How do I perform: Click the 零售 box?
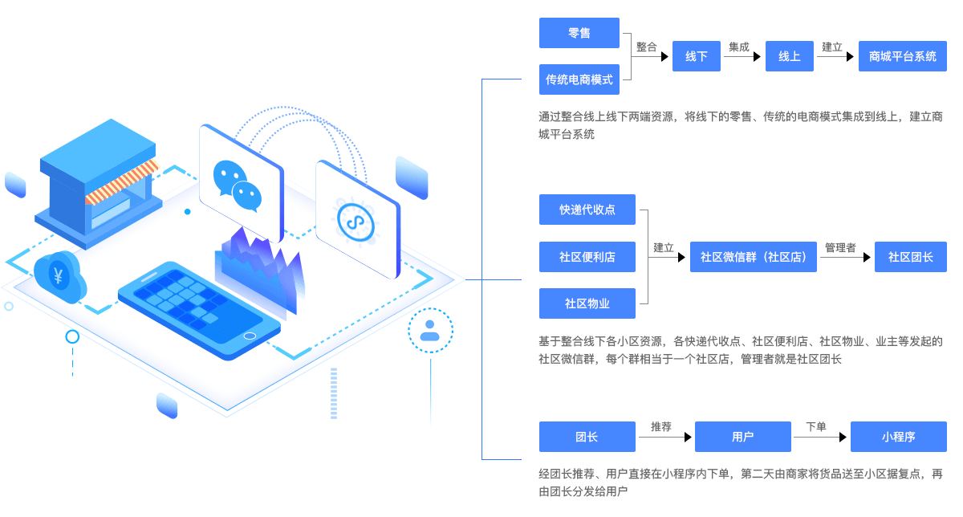tap(579, 33)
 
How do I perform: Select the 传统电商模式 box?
tap(579, 79)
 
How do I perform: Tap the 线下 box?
tap(696, 56)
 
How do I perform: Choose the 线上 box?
tap(790, 56)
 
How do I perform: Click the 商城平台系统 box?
tap(902, 56)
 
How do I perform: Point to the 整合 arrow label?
tap(647, 47)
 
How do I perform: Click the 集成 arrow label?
tap(739, 47)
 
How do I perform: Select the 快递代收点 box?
tap(587, 210)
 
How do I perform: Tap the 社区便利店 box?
tap(587, 257)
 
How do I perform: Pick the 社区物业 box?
tap(587, 303)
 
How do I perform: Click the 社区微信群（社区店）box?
tap(754, 257)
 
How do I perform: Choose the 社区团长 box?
tap(910, 257)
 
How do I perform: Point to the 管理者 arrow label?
tap(840, 247)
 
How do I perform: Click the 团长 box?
tap(587, 437)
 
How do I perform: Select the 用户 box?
tap(742, 437)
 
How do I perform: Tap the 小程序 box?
tap(898, 437)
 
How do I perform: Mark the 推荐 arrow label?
tap(661, 426)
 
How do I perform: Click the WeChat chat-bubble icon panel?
tap(240, 183)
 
